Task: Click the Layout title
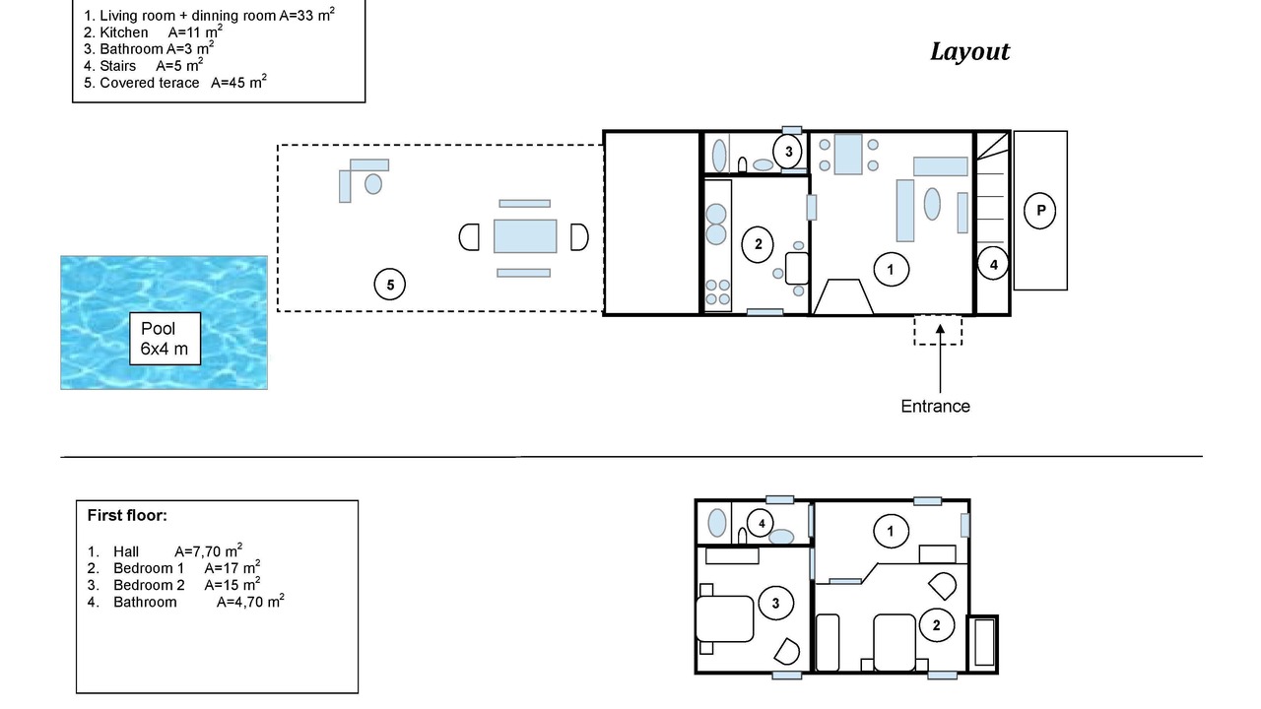coord(969,52)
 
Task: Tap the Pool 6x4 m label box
coord(165,339)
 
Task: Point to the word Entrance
coord(935,407)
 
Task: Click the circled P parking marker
coord(1039,211)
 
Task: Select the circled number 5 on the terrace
coord(389,285)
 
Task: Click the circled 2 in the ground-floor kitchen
coord(758,244)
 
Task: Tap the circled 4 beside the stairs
coord(993,264)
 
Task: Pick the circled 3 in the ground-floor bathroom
coord(788,152)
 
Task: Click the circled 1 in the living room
coord(891,270)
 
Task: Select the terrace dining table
coord(525,236)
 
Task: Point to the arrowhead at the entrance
coord(940,329)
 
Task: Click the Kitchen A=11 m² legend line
coord(153,32)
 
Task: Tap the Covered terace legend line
coord(175,83)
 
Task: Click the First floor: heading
coord(127,515)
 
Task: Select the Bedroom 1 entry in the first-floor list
coord(173,568)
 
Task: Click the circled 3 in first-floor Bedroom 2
coord(775,604)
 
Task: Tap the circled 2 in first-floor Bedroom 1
coord(936,625)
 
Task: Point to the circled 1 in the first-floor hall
coord(891,531)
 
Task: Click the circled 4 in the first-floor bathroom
coord(762,524)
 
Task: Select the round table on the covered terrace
coord(373,184)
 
